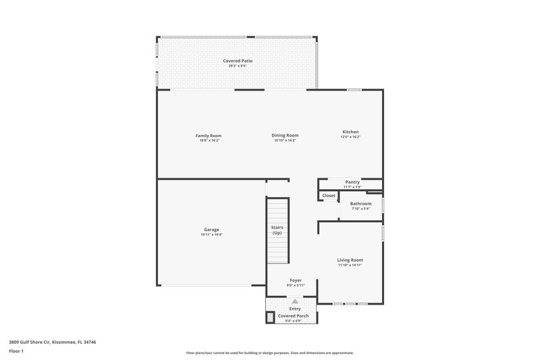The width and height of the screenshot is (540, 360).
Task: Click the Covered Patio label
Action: (238, 61)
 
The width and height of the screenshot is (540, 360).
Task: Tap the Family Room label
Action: (209, 135)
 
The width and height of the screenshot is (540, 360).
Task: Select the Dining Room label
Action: (285, 135)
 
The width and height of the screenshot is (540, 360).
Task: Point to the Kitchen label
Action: (350, 132)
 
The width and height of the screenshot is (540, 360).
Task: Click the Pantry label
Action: (352, 182)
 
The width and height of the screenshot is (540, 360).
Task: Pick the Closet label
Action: (329, 196)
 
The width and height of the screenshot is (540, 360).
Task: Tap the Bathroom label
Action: (360, 203)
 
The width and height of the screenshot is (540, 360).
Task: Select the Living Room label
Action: (350, 260)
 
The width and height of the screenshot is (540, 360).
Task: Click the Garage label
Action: (211, 230)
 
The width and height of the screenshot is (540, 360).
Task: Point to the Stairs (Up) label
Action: (277, 230)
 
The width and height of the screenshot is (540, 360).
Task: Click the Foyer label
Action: (296, 280)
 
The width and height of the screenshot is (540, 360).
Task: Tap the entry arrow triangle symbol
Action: (295, 302)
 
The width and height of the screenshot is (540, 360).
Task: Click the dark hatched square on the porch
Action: (271, 316)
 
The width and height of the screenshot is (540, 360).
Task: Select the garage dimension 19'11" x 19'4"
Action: (211, 235)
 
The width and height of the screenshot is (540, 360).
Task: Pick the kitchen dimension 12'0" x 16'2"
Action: (350, 137)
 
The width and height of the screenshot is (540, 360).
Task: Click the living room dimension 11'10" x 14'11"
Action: (350, 265)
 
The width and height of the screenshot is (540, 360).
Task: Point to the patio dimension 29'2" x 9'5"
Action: (238, 66)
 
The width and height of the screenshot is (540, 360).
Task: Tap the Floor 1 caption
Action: (16, 352)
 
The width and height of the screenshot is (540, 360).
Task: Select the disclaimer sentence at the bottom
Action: (269, 353)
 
